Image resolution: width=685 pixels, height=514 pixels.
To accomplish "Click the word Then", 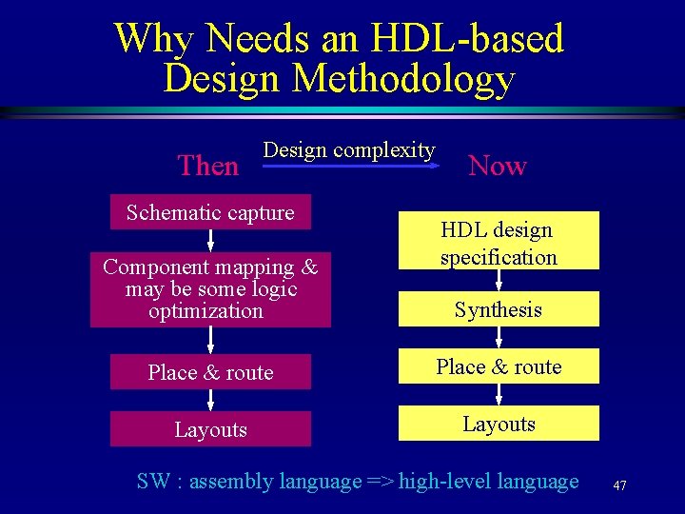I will coord(208,166).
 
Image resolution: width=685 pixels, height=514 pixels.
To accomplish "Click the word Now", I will coord(498,166).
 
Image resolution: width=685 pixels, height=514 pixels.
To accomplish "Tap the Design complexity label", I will coord(349,149).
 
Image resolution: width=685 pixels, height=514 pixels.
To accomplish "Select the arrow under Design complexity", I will coord(349,166).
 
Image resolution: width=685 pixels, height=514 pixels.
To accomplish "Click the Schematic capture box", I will coord(210,212).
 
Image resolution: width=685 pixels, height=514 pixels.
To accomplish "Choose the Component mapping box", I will coord(210,289).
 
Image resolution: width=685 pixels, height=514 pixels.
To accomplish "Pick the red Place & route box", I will coord(210,372).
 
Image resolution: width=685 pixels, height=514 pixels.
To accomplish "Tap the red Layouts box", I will coord(210,429).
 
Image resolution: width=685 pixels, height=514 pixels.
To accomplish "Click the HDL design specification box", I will coord(498,242).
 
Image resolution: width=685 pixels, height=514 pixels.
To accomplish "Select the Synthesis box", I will coord(498,309).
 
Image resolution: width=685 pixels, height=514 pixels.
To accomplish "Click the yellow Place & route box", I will coord(498,366).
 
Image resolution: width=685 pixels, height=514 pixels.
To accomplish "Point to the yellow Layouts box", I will coord(498,424).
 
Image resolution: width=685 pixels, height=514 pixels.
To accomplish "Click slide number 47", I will coord(619,485).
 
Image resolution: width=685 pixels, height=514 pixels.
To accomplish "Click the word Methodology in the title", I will coord(403,78).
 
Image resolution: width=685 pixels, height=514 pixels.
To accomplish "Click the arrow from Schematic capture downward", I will coord(210,241).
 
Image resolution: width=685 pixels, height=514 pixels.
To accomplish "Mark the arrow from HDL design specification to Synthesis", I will coord(498,281).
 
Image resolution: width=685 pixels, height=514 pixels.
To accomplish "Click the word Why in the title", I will coord(155,38).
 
